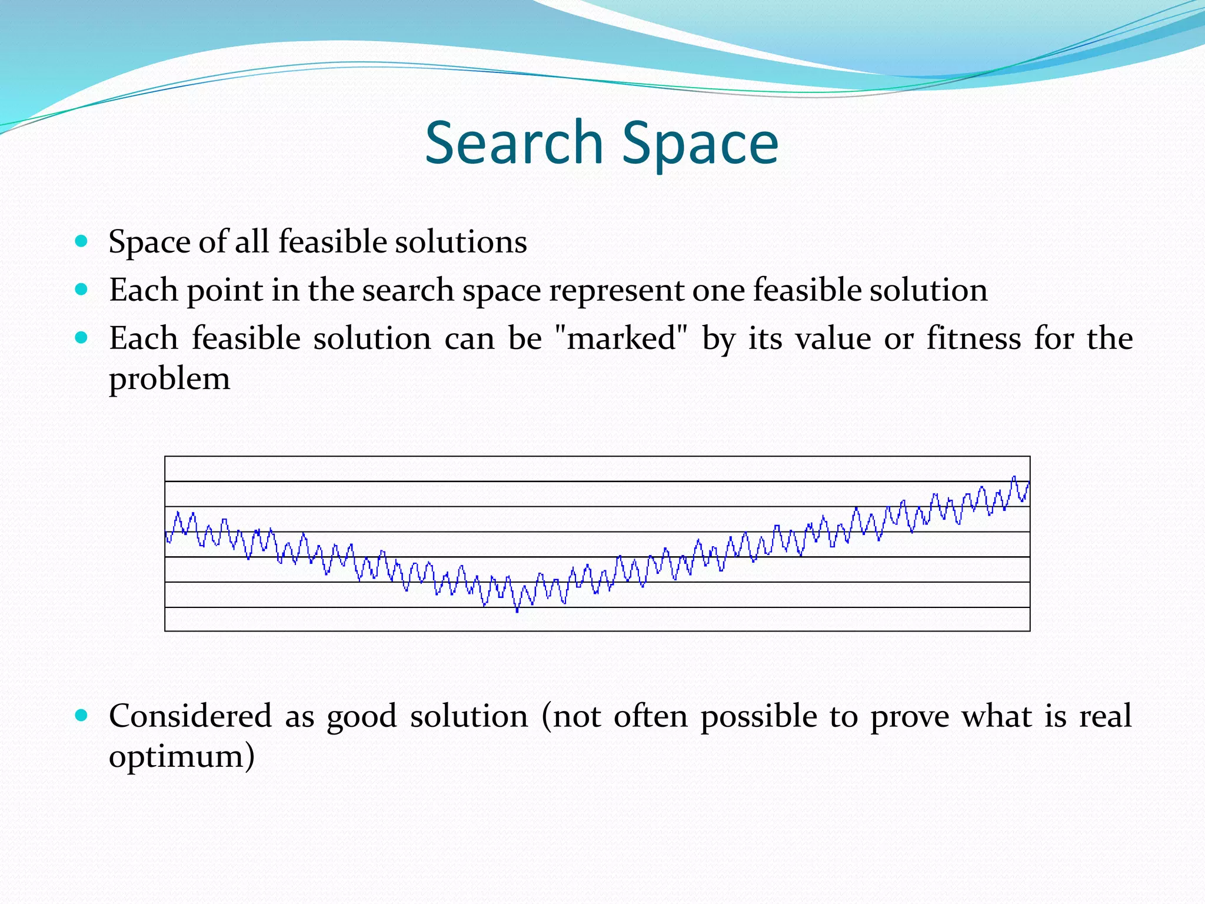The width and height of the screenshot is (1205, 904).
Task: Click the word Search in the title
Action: pos(514,142)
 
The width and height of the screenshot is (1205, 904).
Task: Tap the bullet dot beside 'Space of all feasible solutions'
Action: pos(82,241)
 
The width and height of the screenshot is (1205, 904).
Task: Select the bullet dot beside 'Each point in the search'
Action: pos(82,289)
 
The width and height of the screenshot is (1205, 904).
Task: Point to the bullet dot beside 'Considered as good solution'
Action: pos(82,715)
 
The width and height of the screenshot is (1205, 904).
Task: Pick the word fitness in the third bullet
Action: pos(974,338)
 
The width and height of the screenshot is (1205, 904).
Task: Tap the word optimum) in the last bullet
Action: pos(182,756)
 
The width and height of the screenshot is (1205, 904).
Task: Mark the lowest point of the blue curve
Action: pos(517,611)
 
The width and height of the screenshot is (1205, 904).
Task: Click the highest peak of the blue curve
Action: pos(1014,477)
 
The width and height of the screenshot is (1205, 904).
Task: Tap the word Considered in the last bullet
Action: pos(190,716)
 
